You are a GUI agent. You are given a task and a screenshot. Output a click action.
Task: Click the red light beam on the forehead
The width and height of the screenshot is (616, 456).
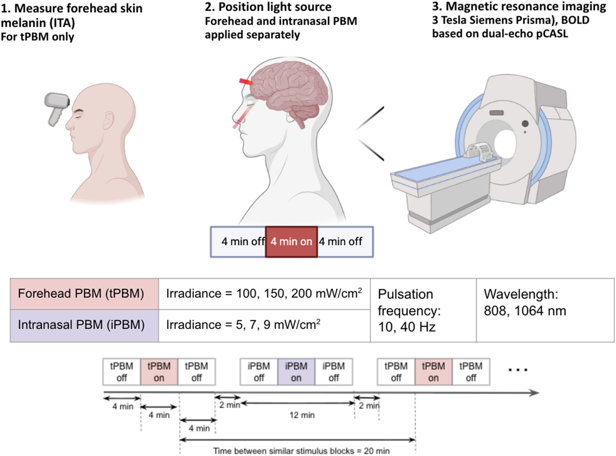(x=246, y=82)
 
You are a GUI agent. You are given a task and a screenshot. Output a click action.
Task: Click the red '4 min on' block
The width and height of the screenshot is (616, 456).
(x=291, y=242)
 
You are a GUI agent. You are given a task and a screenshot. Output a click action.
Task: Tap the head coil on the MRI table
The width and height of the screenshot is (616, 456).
(x=481, y=152)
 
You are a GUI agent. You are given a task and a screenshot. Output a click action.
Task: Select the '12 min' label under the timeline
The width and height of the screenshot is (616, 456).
(x=302, y=415)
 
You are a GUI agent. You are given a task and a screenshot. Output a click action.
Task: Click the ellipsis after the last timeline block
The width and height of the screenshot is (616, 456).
(x=518, y=369)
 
